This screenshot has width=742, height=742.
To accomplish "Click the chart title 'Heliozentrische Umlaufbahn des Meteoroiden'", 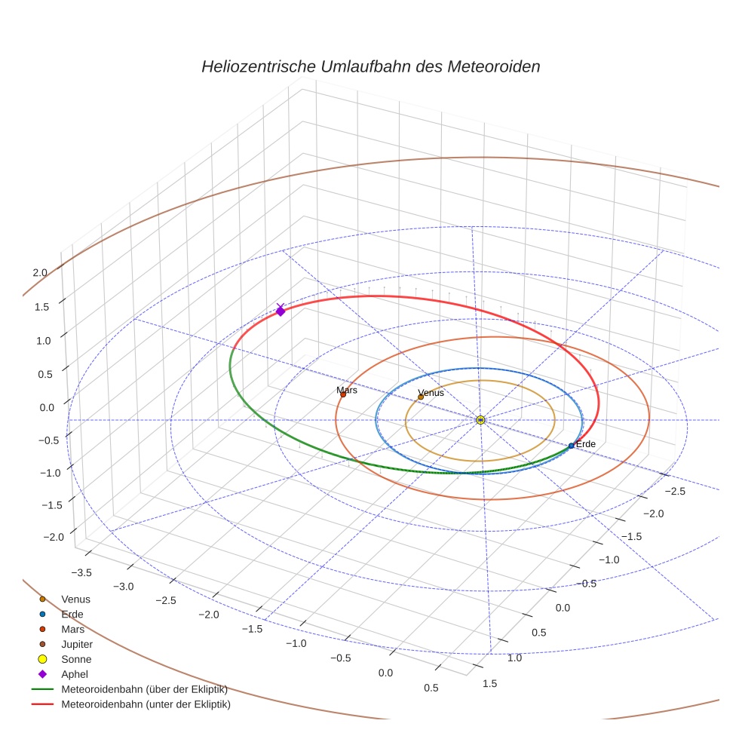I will pyautogui.click(x=370, y=66).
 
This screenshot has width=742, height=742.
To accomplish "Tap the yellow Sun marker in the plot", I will pyautogui.click(x=480, y=419).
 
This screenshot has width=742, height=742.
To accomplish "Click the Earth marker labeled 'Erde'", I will pyautogui.click(x=571, y=446).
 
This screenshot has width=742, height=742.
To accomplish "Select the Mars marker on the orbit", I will pyautogui.click(x=343, y=394).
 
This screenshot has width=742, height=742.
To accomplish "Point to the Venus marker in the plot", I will pyautogui.click(x=421, y=397).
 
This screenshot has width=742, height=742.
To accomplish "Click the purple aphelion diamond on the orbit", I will pyautogui.click(x=281, y=311).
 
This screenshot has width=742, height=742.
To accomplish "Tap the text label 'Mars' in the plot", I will pyautogui.click(x=347, y=390).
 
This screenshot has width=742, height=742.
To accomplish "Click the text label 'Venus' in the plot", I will pyautogui.click(x=431, y=393).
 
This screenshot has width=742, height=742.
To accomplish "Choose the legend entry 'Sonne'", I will pyautogui.click(x=76, y=659).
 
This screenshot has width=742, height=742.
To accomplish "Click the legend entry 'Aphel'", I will pyautogui.click(x=75, y=674).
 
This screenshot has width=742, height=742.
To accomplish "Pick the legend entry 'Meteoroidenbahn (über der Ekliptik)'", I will pyautogui.click(x=144, y=689).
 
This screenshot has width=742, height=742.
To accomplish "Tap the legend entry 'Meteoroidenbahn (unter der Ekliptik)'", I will pyautogui.click(x=146, y=704).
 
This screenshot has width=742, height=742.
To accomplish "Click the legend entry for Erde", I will pyautogui.click(x=72, y=614).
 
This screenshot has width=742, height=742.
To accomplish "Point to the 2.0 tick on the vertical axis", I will pyautogui.click(x=40, y=273).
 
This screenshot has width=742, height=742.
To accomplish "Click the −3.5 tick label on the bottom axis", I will pyautogui.click(x=79, y=572).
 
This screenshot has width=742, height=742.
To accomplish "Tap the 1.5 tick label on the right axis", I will pyautogui.click(x=489, y=683).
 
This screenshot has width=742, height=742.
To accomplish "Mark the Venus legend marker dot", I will pyautogui.click(x=42, y=599).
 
